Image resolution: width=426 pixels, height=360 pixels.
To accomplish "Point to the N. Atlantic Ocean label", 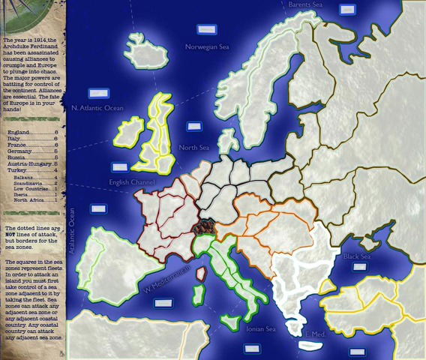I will click(97, 108).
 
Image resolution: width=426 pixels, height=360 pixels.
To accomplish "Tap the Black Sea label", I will click(356, 257).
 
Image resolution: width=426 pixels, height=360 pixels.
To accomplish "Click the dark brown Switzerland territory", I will click(203, 226).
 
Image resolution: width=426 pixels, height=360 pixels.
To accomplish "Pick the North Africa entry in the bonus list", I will click(30, 200).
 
